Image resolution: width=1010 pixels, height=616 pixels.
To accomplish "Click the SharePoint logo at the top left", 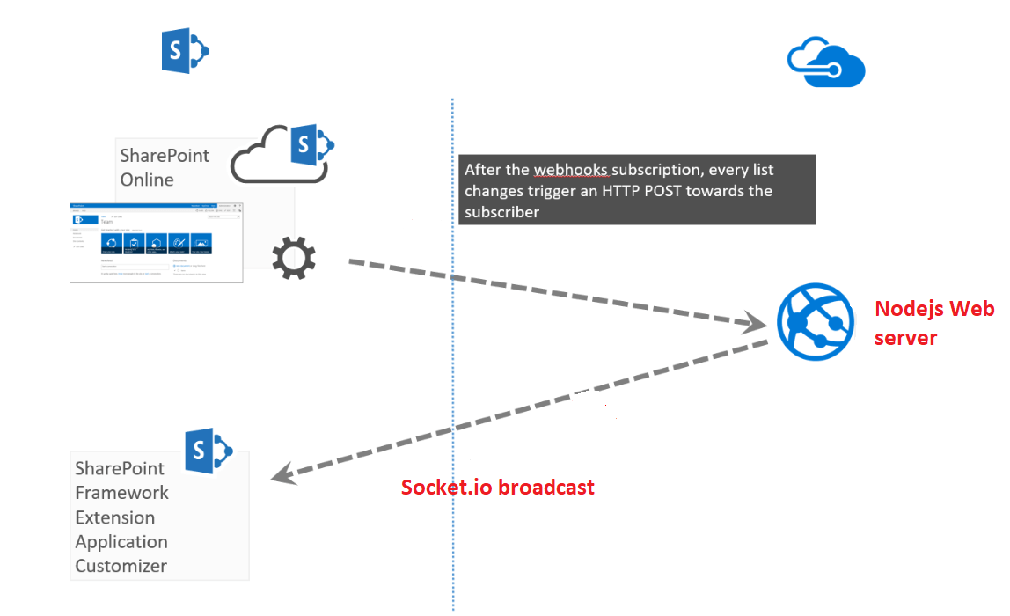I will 185,50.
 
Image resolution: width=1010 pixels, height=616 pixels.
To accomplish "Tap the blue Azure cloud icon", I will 825,62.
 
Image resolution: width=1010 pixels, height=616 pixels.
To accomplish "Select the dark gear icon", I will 293,258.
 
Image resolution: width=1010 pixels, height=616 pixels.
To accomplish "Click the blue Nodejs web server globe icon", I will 816,321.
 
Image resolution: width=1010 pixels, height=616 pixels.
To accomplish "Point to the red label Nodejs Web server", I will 933,323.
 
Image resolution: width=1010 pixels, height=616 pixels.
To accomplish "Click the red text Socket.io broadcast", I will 497,487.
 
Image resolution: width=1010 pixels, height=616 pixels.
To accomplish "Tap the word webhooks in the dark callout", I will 570,170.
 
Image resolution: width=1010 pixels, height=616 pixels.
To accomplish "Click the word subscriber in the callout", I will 501,212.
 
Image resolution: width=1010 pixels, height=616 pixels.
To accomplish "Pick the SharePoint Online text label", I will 165,167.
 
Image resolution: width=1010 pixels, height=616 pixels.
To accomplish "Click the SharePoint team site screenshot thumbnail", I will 157,243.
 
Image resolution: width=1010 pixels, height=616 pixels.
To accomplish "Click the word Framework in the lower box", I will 121,493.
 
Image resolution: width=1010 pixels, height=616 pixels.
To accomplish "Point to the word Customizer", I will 121,566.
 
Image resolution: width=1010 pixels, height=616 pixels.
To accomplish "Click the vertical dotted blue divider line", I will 453,352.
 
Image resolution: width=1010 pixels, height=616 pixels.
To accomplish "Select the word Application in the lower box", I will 121,541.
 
